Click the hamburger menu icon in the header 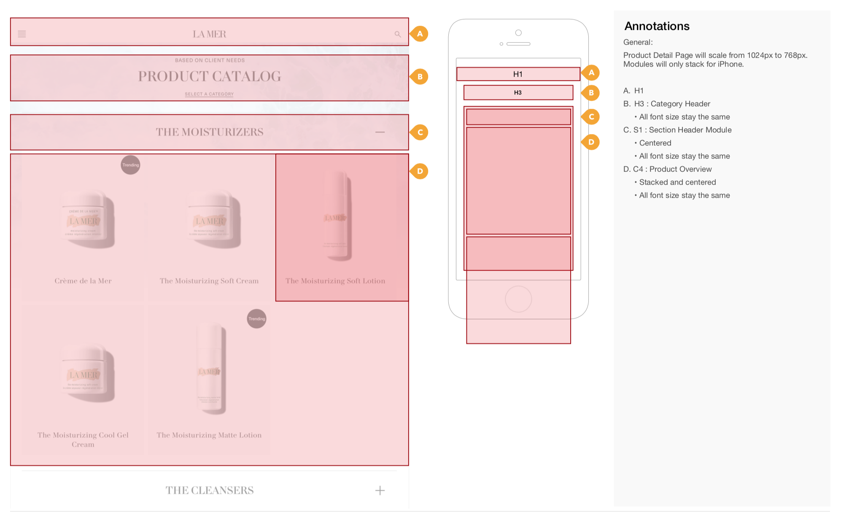click(x=22, y=34)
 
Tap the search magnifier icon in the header click(x=397, y=34)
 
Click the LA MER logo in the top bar click(x=209, y=34)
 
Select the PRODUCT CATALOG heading click(x=209, y=76)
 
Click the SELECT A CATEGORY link click(x=209, y=94)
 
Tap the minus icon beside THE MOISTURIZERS click(x=380, y=132)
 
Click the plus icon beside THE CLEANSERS click(x=380, y=490)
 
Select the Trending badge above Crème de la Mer click(x=130, y=165)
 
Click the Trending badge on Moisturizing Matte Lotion click(x=256, y=319)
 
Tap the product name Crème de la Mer click(x=83, y=281)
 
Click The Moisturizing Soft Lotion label click(x=335, y=281)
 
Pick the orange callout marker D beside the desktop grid click(x=420, y=171)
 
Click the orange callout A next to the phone click(x=591, y=73)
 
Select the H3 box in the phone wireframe click(x=518, y=92)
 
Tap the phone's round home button click(x=518, y=299)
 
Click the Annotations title click(x=657, y=26)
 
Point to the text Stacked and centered click(x=677, y=182)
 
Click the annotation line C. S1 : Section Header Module click(x=677, y=130)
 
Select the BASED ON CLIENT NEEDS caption click(x=210, y=60)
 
